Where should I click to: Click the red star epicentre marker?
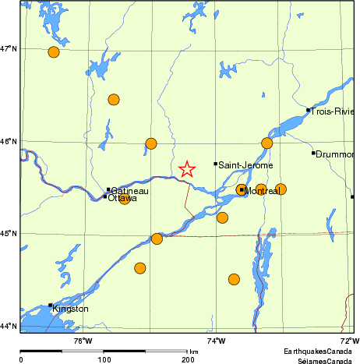[187, 169]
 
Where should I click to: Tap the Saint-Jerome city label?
[245, 165]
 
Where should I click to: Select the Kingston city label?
[70, 309]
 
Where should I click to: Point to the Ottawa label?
[122, 199]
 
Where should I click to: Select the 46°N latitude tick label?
[9, 141]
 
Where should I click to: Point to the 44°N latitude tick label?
[9, 326]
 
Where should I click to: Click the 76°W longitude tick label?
[83, 341]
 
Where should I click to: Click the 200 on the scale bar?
[188, 359]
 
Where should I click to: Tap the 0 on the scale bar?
[21, 359]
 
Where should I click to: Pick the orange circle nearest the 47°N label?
[54, 52]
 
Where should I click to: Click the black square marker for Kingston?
[51, 306]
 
